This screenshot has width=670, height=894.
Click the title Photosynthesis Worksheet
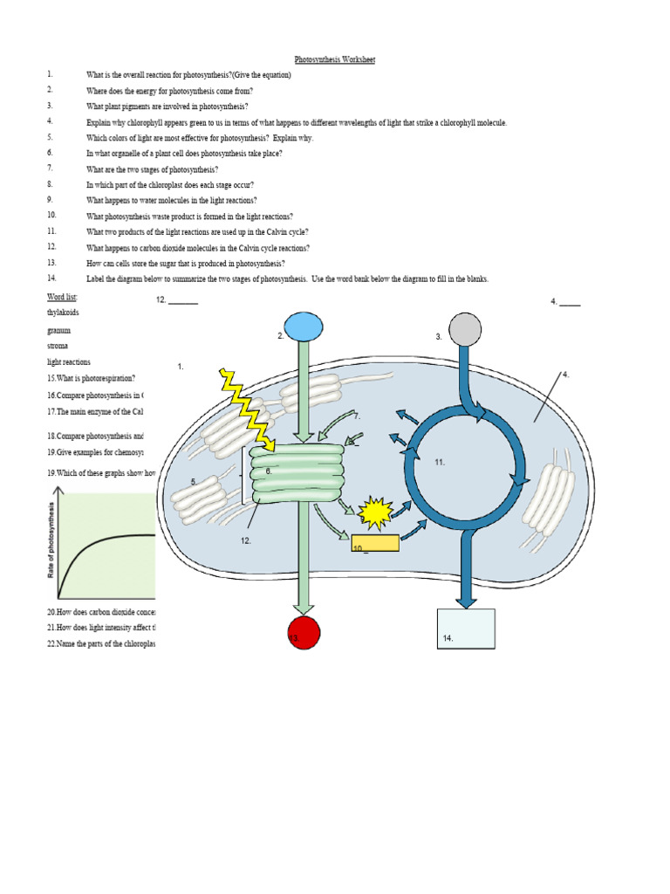tap(335, 59)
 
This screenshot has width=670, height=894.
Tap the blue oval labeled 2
tap(303, 328)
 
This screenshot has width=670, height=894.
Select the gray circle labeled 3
tap(463, 330)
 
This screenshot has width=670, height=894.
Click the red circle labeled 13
tap(303, 634)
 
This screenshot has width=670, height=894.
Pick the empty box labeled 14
tap(466, 629)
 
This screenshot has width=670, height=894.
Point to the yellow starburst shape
tap(376, 514)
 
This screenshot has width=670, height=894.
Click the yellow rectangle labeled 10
tap(375, 543)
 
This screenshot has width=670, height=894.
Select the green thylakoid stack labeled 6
tap(297, 472)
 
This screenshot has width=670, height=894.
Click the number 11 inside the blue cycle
tap(440, 462)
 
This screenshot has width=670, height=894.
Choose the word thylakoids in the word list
tap(63, 313)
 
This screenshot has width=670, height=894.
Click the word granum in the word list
tap(59, 331)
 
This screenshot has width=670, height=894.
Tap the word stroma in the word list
tap(58, 347)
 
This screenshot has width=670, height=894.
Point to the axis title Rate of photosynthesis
tap(51, 543)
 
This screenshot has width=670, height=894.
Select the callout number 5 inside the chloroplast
tap(193, 482)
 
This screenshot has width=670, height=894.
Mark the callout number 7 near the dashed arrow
tap(357, 417)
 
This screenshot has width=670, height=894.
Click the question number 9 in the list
tap(51, 200)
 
